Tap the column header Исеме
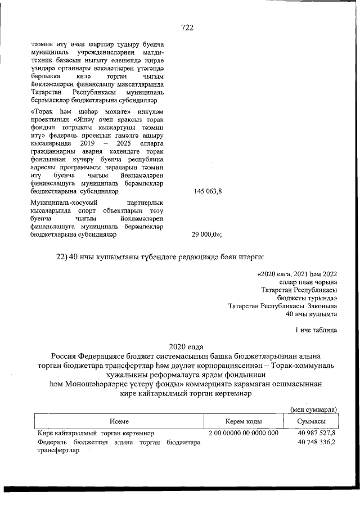point(119,421)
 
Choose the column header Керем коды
point(243,421)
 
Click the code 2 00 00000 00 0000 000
point(243,433)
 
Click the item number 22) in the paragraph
point(62,257)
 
